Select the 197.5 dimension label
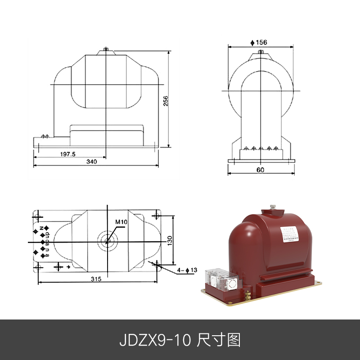(x=67, y=154)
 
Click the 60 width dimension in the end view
(x=261, y=170)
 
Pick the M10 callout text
(x=121, y=222)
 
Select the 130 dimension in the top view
(x=170, y=241)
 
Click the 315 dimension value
(x=96, y=279)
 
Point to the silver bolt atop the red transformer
(x=273, y=208)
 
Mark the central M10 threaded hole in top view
(x=108, y=241)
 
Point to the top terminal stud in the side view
(x=105, y=49)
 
